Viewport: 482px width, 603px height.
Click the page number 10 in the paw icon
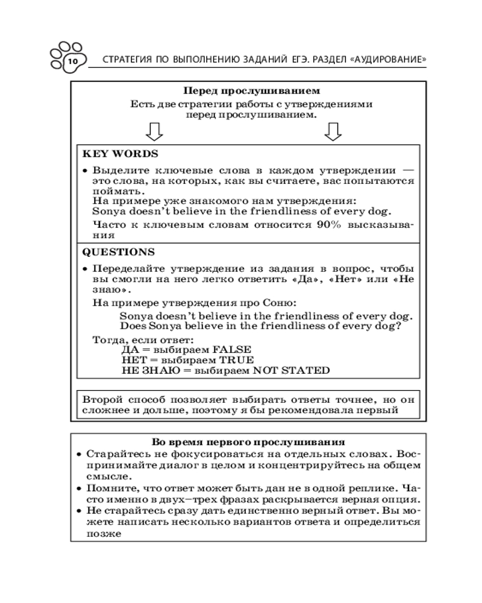coord(71,62)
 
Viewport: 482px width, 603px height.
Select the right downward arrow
coord(333,131)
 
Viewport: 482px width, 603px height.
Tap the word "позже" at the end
coord(100,533)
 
